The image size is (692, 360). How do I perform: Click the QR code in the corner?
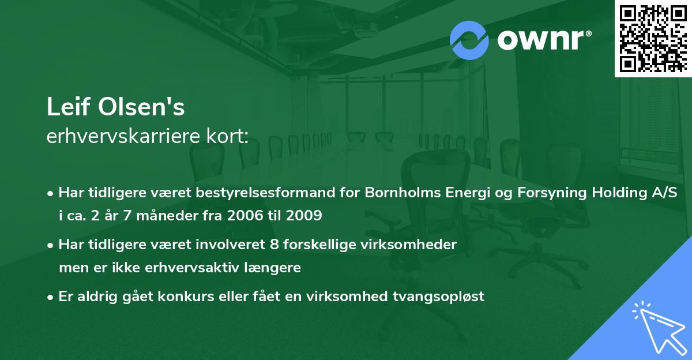point(653,38)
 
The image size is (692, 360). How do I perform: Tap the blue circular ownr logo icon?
point(470,40)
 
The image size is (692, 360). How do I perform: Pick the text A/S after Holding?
point(676,193)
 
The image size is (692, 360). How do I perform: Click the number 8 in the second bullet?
point(266,245)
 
